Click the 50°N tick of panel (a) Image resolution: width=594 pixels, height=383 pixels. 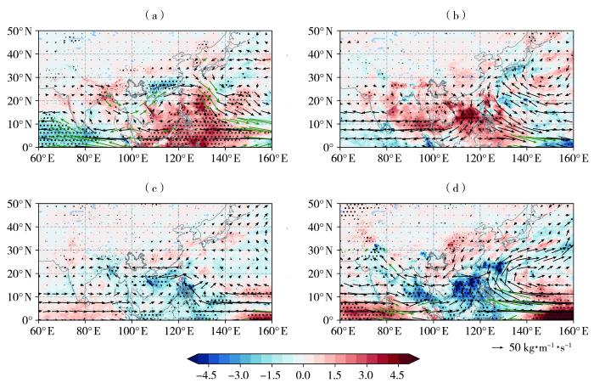coord(18,31)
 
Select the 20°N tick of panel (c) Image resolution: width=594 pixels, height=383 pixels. coord(18,273)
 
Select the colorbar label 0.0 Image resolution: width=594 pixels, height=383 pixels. coord(302,373)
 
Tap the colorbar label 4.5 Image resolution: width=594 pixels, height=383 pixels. coord(396,373)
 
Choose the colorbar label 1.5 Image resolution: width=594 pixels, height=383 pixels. coord(333,373)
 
